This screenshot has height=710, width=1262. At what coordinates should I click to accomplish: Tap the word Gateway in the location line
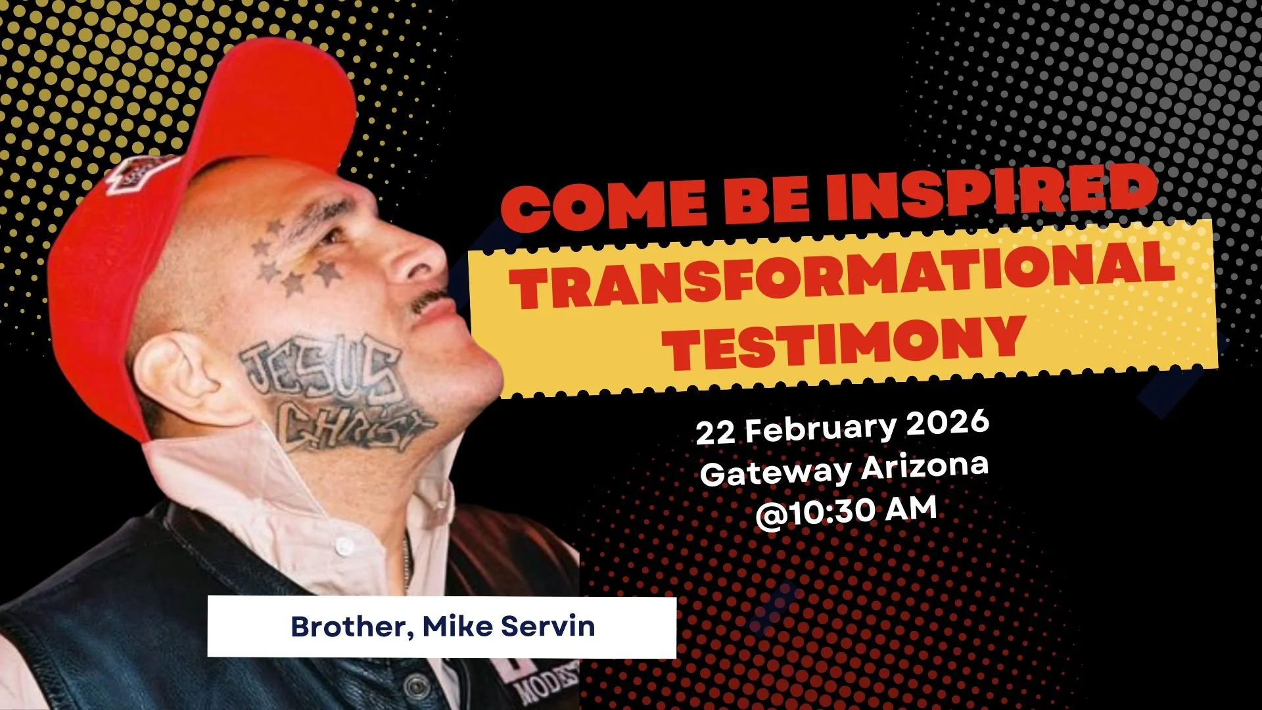(x=776, y=473)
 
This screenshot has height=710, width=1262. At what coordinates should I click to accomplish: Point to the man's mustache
(x=428, y=299)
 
